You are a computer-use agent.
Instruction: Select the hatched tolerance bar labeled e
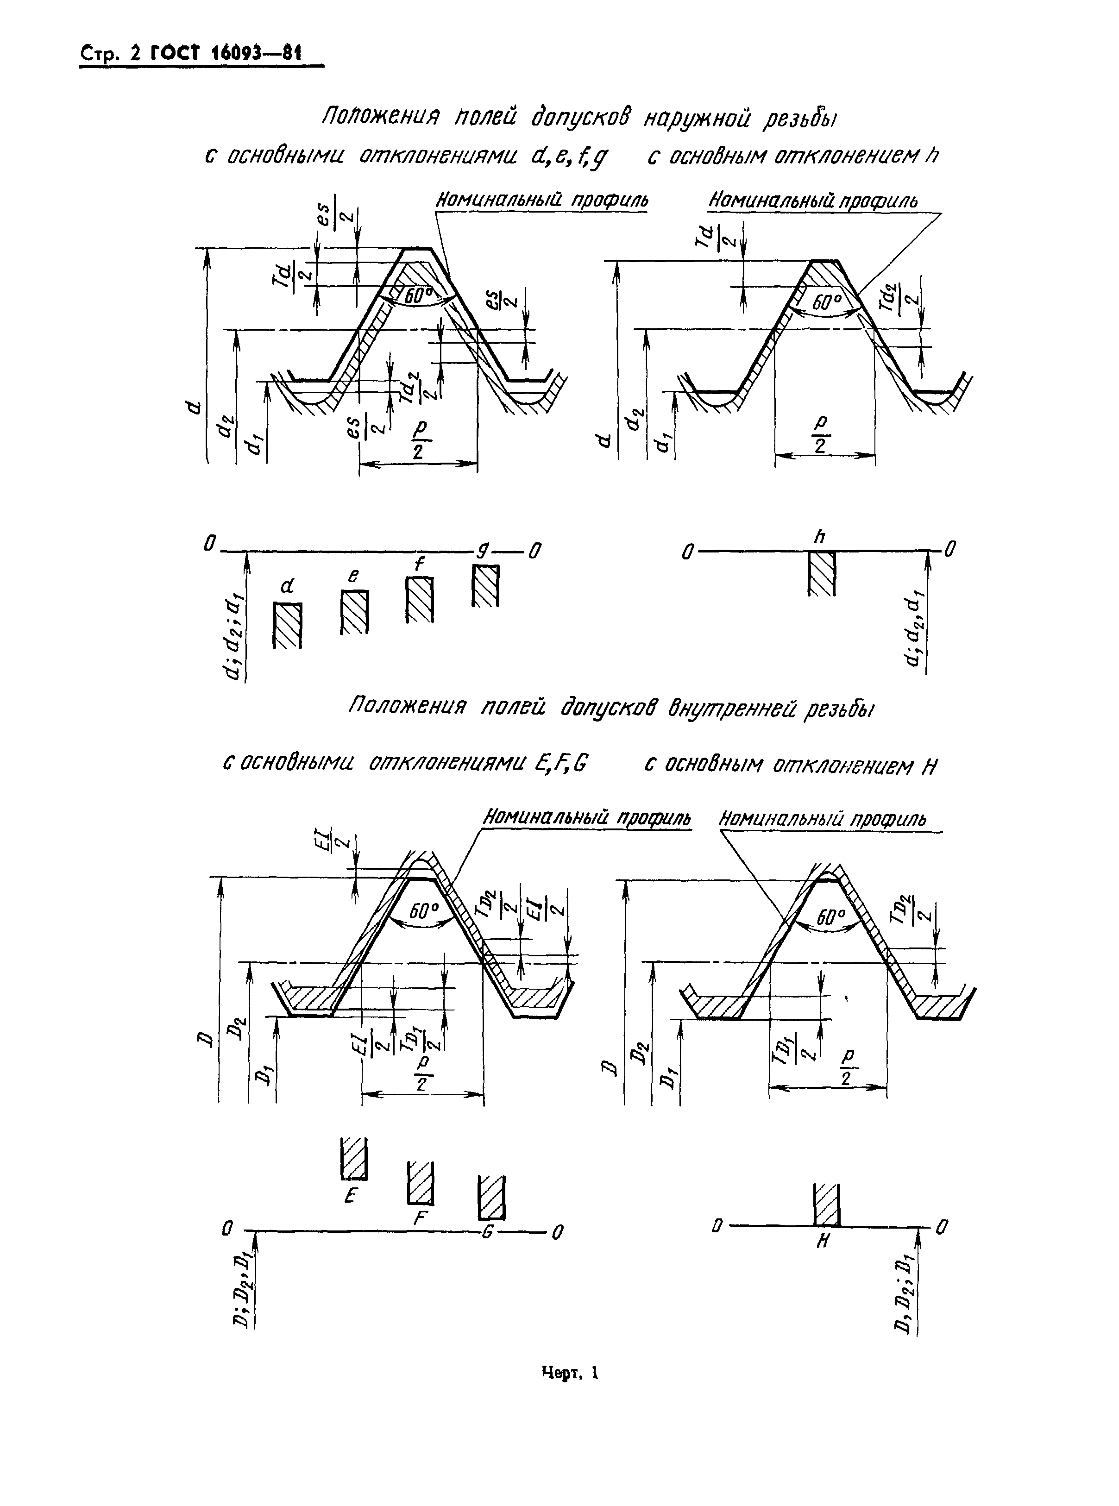[354, 611]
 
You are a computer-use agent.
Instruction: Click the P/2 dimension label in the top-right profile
[821, 435]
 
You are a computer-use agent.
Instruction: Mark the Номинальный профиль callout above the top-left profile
[542, 201]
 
